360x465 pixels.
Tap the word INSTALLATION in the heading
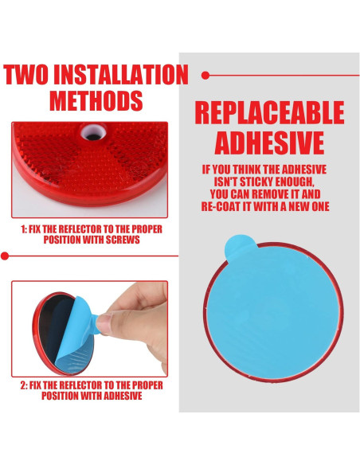tap(127, 76)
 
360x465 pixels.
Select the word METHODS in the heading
tap(96, 101)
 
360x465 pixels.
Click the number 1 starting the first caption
tap(25, 229)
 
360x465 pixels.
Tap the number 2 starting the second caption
tap(24, 385)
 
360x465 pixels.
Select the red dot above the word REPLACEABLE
tap(205, 75)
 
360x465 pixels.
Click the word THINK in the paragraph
tap(246, 170)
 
